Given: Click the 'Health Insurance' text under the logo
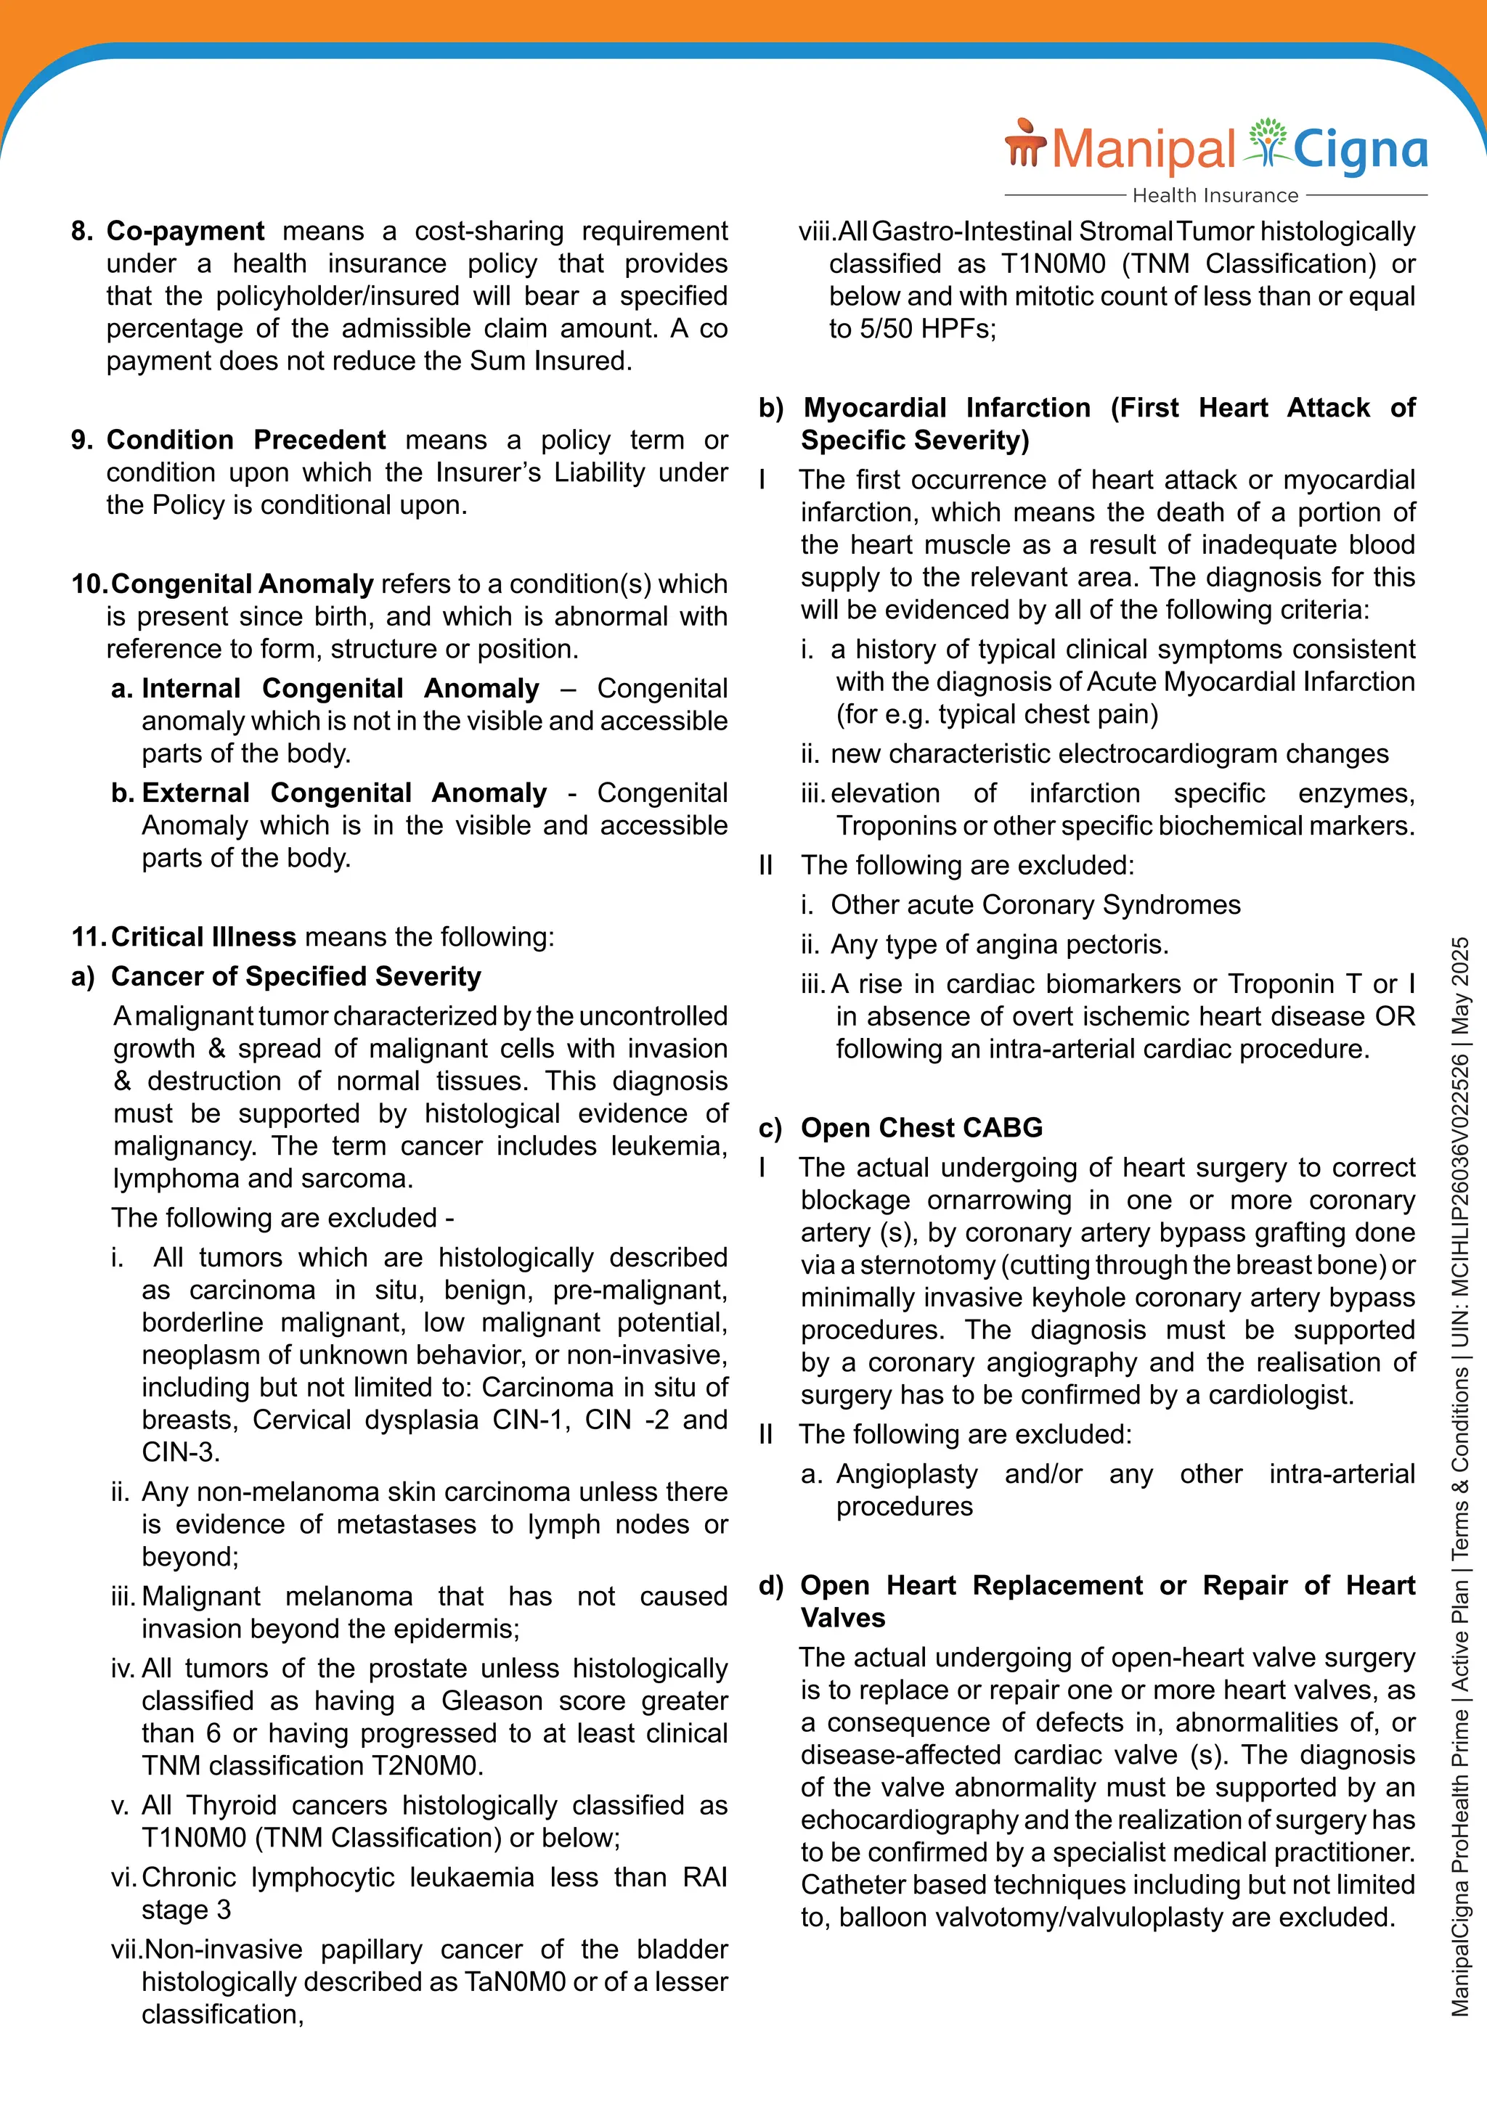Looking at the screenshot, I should pyautogui.click(x=1215, y=195).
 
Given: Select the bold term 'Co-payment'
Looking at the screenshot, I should pyautogui.click(x=186, y=231).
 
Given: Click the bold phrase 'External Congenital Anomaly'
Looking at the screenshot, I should pyautogui.click(x=344, y=792).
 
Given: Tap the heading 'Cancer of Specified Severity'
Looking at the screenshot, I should pyautogui.click(x=296, y=976).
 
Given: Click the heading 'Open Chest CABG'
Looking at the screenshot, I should pyautogui.click(x=921, y=1127).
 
